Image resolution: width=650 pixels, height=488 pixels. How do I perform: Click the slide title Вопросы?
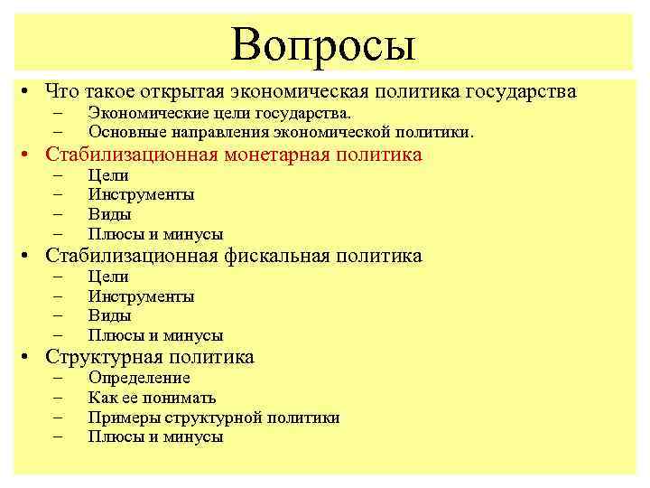pyautogui.click(x=322, y=43)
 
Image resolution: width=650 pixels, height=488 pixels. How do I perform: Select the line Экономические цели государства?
pyautogui.click(x=219, y=113)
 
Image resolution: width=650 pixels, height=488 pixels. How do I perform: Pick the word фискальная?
pyautogui.click(x=275, y=256)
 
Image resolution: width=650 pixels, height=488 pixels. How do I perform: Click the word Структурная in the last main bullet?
pyautogui.click(x=100, y=357)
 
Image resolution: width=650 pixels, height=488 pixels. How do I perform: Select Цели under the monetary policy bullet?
pyautogui.click(x=108, y=175)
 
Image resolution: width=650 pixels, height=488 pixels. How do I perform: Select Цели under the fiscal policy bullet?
pyautogui.click(x=108, y=277)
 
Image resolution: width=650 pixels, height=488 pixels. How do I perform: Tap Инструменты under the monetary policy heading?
pyautogui.click(x=141, y=194)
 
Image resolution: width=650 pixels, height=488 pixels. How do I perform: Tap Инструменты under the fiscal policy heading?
pyautogui.click(x=141, y=296)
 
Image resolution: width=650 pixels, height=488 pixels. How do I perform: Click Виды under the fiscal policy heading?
pyautogui.click(x=109, y=316)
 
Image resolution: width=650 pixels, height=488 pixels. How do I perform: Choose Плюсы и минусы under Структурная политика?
pyautogui.click(x=155, y=436)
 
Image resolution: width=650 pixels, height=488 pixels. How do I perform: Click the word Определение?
pyautogui.click(x=139, y=378)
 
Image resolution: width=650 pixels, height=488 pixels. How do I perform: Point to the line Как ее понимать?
pyautogui.click(x=152, y=398)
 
